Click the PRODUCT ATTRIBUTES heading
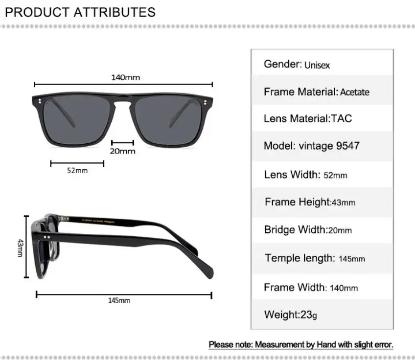pos(80,12)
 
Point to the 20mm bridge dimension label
pos(122,151)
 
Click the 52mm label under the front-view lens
pos(77,171)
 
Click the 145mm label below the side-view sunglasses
pos(119,300)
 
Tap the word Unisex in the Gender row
pos(317,65)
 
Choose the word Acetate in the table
pos(355,92)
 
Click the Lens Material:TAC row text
pos(307,118)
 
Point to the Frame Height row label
pos(298,202)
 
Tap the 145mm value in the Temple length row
pos(351,259)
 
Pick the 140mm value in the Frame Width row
pos(344,288)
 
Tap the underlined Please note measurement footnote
pos(301,345)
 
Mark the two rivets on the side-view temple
pos(48,238)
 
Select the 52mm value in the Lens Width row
pos(335,175)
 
